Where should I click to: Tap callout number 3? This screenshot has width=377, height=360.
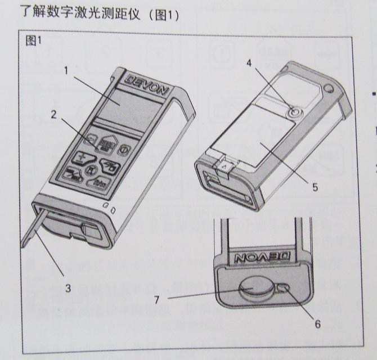tap(68, 289)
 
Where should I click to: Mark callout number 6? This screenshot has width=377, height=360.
tap(317, 323)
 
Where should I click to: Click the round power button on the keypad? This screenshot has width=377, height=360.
tap(127, 150)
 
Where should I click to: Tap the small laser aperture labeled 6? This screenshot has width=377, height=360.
tap(283, 289)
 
